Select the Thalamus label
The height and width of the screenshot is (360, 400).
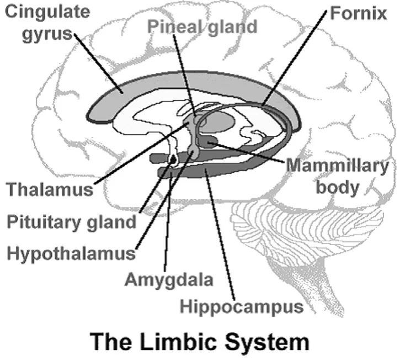(50, 189)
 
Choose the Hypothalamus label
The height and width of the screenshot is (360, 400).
(71, 253)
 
